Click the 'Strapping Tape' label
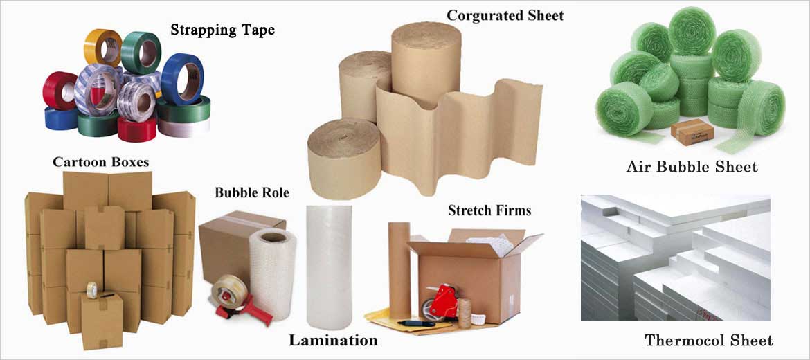(x=222, y=30)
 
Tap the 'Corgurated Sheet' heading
(x=505, y=15)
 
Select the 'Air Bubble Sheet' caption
(x=692, y=166)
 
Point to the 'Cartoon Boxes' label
(x=100, y=162)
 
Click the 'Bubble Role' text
(x=251, y=192)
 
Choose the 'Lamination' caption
(x=333, y=340)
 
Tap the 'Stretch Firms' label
(x=489, y=210)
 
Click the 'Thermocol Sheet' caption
(x=709, y=340)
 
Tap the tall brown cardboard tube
(x=399, y=269)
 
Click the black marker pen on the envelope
(x=415, y=323)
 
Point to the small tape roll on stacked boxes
(x=92, y=290)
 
